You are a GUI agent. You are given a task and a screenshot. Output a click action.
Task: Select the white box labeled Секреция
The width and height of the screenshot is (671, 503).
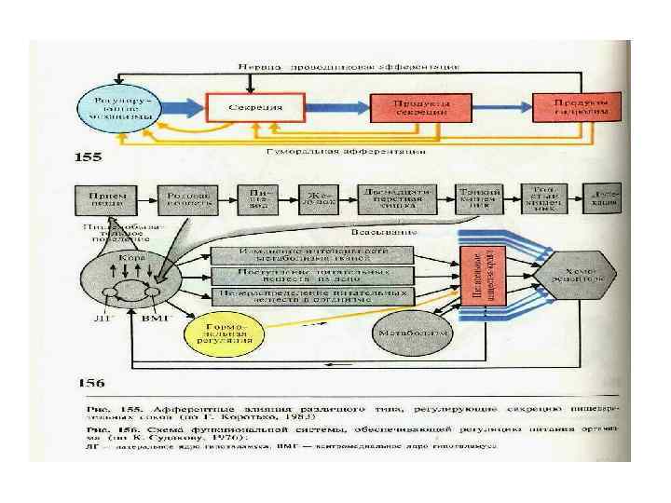(x=255, y=106)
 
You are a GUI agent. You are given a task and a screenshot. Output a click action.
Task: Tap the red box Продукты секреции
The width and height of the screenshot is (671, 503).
(x=422, y=106)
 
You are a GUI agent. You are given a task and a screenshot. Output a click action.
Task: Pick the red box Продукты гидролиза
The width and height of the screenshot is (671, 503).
(x=575, y=106)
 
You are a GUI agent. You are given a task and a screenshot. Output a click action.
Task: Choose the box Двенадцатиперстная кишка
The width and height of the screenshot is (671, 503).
(x=396, y=198)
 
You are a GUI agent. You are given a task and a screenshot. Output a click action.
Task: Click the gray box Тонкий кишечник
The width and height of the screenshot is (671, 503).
(x=481, y=198)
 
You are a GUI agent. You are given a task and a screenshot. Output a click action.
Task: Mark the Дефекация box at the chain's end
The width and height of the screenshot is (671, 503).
(x=602, y=198)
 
